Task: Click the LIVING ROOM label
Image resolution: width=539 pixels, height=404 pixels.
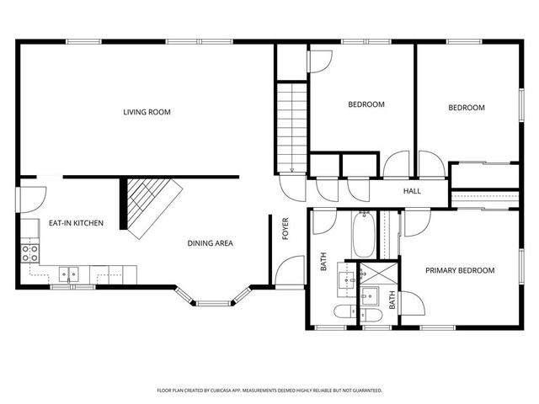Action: coord(147,111)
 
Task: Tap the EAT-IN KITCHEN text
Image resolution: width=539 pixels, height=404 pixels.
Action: coord(76,223)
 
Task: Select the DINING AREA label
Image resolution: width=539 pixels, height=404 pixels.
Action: coord(210,244)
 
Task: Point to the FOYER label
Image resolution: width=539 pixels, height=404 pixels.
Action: coord(285,228)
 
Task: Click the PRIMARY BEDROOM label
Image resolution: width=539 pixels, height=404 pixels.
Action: coord(459,270)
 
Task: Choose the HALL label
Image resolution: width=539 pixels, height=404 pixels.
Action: coord(412,191)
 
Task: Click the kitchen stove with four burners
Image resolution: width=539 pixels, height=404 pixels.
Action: coord(31,252)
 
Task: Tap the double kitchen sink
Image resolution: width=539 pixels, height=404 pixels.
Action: coord(71,272)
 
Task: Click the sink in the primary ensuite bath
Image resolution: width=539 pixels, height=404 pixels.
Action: coord(371,295)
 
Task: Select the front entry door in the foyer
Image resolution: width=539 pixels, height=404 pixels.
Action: coord(285,272)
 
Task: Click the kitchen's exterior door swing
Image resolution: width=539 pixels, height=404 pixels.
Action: coord(32,199)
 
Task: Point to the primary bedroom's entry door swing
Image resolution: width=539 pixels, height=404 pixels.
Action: coord(415,223)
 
